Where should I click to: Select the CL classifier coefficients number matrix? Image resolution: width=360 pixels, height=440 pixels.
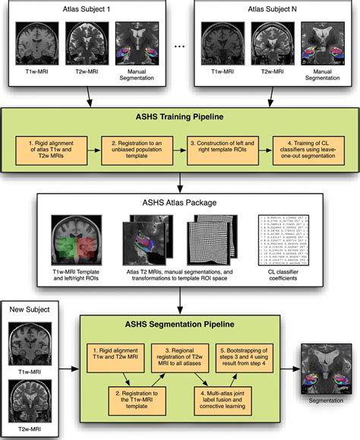click(x=286, y=238)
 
